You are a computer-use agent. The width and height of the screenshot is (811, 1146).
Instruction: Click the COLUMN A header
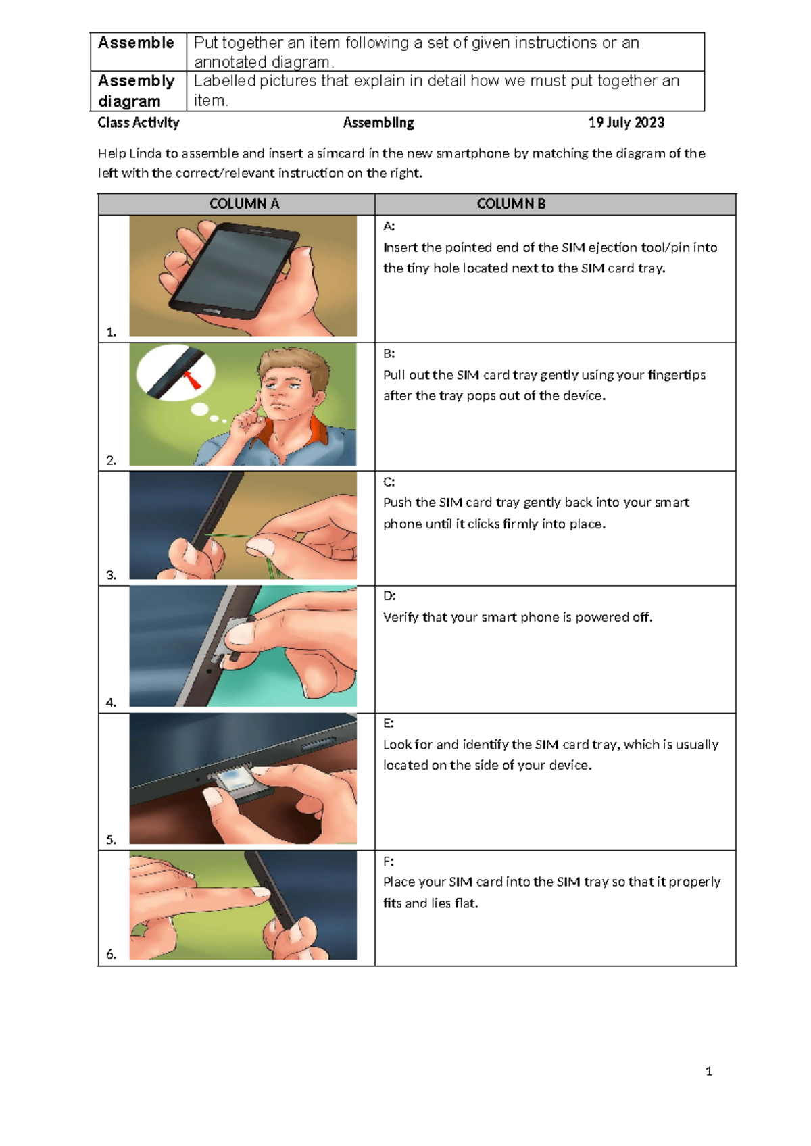click(244, 204)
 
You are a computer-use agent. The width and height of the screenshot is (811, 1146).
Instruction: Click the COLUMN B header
click(511, 204)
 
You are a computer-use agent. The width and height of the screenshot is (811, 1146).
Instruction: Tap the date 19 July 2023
click(626, 122)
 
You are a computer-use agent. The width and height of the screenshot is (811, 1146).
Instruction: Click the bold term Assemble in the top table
click(136, 43)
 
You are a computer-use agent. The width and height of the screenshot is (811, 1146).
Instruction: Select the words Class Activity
click(139, 122)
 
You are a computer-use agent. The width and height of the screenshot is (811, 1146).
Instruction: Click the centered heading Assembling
click(378, 122)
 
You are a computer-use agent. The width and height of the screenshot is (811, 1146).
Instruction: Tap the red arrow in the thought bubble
click(193, 380)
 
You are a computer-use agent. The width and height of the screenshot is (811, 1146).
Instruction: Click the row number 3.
click(112, 575)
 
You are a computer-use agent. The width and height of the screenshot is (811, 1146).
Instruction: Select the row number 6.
click(112, 954)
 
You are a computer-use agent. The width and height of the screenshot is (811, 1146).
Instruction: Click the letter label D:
click(389, 596)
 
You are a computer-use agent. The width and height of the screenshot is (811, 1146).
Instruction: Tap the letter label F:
click(389, 862)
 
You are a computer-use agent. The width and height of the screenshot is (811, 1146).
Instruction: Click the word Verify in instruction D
click(401, 618)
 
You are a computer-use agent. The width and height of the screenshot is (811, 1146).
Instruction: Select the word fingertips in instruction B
click(676, 375)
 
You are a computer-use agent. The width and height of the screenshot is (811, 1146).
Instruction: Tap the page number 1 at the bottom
click(708, 1071)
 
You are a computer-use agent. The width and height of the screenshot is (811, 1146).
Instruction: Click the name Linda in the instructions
click(145, 153)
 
